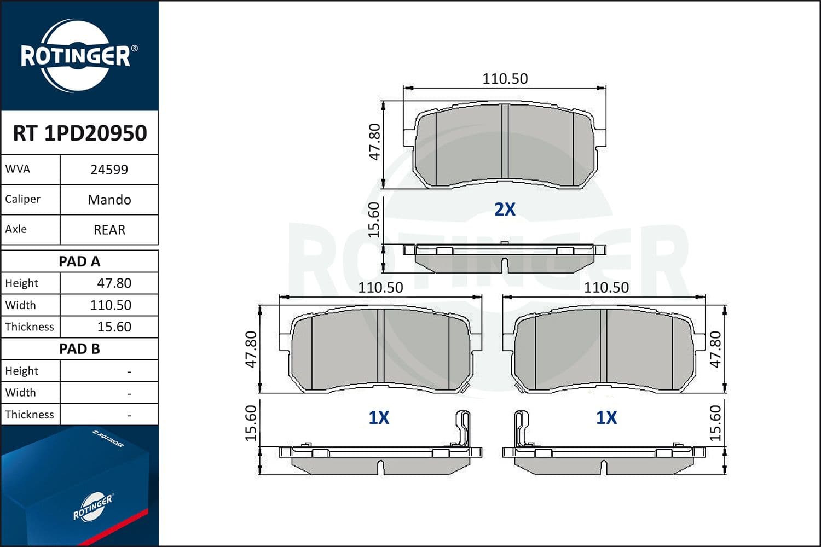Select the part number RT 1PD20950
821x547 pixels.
[80, 133]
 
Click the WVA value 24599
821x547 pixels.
[109, 170]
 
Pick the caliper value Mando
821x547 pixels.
[109, 200]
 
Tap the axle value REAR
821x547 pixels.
[109, 230]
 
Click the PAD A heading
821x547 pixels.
[79, 261]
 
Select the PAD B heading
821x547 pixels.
[79, 349]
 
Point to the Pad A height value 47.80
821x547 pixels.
[114, 283]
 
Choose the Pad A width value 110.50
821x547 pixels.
[111, 305]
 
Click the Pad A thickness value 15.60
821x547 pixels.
[114, 327]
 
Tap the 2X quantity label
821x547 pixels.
[505, 210]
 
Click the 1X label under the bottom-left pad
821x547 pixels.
[379, 418]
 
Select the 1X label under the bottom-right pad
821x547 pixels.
[606, 418]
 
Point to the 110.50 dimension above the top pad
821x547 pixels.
[505, 79]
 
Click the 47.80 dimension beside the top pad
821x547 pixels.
[374, 142]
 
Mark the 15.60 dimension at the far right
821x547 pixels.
[715, 423]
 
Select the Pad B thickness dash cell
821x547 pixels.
[129, 415]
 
